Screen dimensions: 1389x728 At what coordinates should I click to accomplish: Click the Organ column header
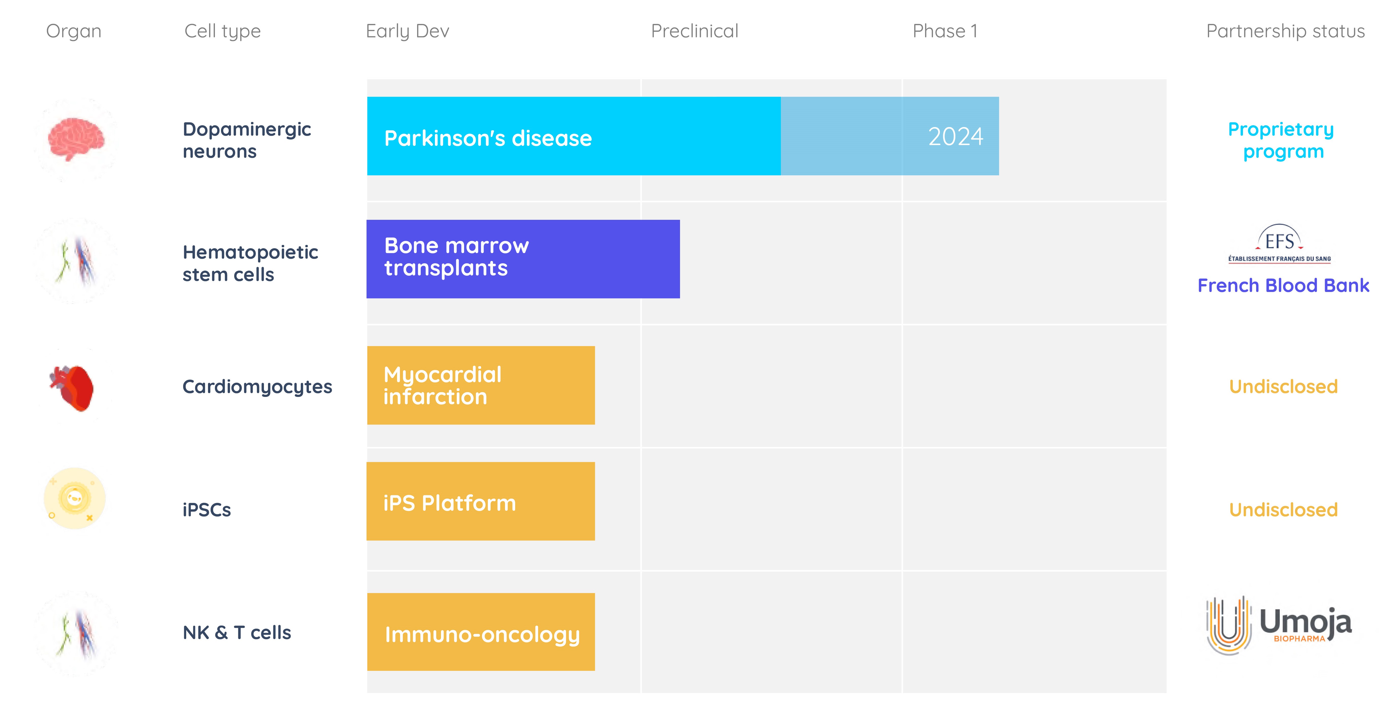tap(74, 31)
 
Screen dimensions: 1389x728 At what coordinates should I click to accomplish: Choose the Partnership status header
tap(1285, 31)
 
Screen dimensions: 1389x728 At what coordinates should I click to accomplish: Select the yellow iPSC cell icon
tap(74, 498)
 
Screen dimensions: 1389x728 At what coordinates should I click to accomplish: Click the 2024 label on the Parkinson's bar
tap(955, 136)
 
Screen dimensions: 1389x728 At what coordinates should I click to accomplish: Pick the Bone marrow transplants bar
tap(523, 259)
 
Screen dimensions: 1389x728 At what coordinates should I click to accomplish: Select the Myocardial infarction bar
tap(481, 385)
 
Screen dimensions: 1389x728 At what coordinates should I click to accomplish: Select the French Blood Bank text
tap(1283, 285)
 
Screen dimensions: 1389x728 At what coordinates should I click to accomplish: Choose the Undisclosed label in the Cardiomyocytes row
tap(1283, 387)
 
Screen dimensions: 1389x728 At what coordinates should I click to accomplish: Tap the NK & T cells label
tap(237, 632)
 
